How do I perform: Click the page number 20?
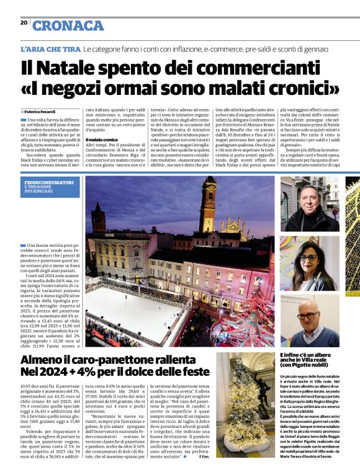[x=24, y=23]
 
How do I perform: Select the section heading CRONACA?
[x=68, y=25]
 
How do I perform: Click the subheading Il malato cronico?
[x=102, y=140]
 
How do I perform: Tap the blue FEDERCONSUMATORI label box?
[x=50, y=185]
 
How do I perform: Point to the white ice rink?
[x=130, y=310]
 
